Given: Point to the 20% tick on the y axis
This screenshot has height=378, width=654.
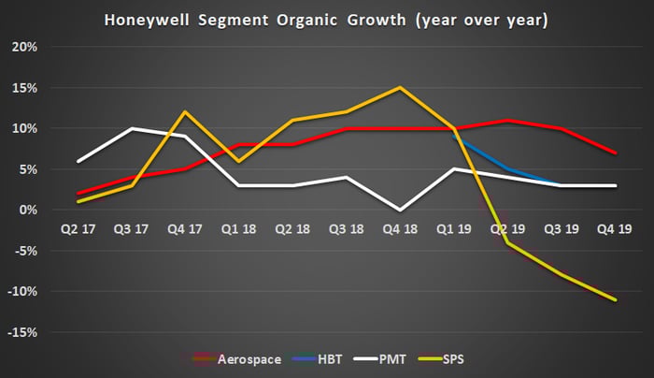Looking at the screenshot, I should (x=25, y=47).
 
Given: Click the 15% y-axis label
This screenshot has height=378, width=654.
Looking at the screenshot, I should (x=25, y=88).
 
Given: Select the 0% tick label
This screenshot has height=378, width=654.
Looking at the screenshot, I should (x=28, y=210).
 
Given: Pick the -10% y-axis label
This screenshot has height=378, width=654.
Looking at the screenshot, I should (x=23, y=291).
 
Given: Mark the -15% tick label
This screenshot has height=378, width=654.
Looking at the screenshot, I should (x=23, y=332).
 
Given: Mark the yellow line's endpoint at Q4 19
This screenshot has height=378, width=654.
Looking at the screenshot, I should (x=615, y=299).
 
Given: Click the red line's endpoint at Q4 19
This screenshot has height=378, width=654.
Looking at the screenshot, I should (x=615, y=153).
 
